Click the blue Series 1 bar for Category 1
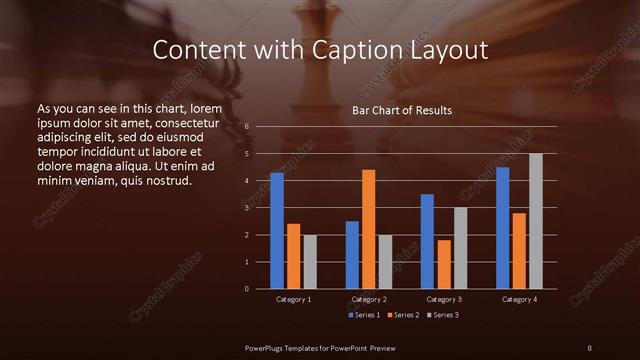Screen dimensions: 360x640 click(x=277, y=231)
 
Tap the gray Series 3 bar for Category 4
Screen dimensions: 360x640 click(x=536, y=221)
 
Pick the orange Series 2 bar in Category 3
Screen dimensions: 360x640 click(x=443, y=264)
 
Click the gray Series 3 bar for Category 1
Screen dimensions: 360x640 click(x=310, y=262)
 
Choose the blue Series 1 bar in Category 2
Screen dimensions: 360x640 click(x=352, y=255)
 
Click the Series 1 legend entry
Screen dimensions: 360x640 click(x=363, y=316)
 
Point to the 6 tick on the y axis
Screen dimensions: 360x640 click(x=246, y=127)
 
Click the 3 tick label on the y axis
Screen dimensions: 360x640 click(x=246, y=208)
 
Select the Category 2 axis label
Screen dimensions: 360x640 click(x=369, y=299)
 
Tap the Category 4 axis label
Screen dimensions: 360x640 click(x=519, y=299)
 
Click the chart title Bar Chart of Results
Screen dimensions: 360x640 click(x=401, y=110)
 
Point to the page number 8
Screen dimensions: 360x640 click(x=589, y=347)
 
